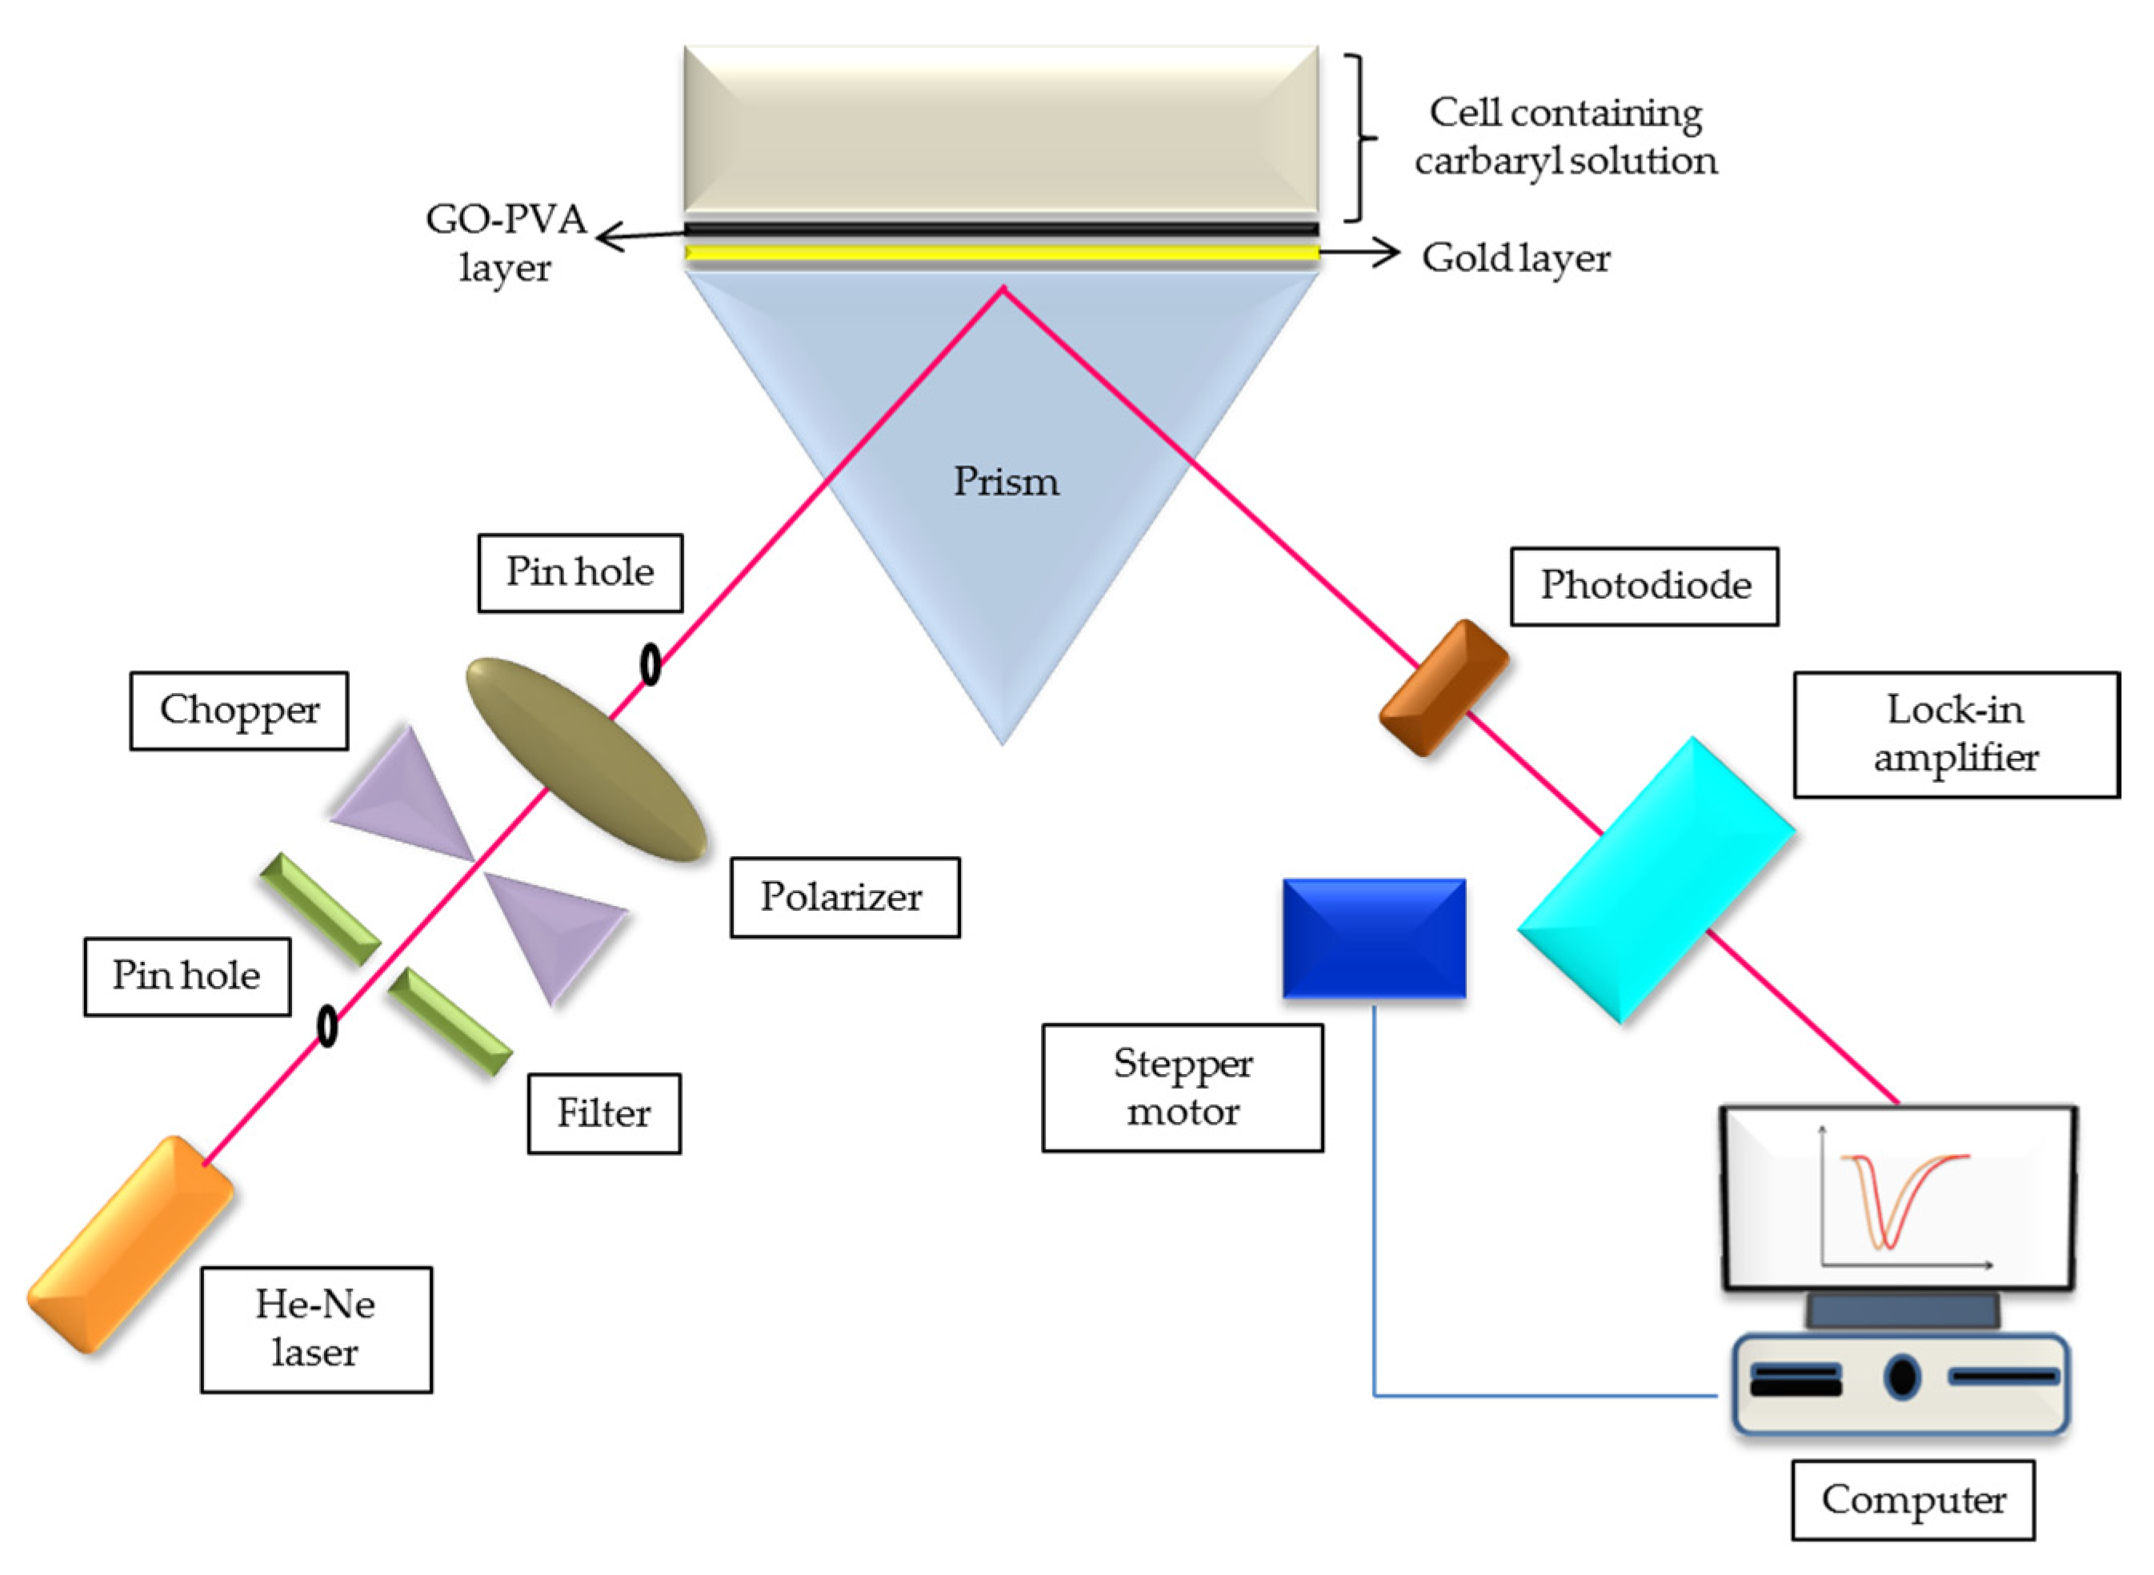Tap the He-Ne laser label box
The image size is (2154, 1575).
click(x=315, y=1329)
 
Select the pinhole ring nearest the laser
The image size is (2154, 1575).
click(x=327, y=1027)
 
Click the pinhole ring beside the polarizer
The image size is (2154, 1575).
click(x=650, y=664)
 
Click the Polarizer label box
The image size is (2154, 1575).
click(x=844, y=897)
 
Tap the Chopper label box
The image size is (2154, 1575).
click(x=239, y=711)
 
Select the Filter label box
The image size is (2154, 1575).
click(x=604, y=1113)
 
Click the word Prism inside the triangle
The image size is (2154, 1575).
click(x=1006, y=482)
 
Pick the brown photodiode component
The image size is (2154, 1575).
click(x=1443, y=687)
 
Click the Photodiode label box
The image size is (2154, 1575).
click(x=1644, y=585)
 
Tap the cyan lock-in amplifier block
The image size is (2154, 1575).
click(x=1656, y=879)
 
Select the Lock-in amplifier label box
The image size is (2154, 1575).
click(x=1956, y=734)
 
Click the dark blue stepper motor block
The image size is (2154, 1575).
click(x=1373, y=938)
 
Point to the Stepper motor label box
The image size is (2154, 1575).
click(x=1182, y=1088)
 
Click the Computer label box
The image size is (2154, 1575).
click(x=1913, y=1500)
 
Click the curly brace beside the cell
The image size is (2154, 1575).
click(x=1361, y=138)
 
